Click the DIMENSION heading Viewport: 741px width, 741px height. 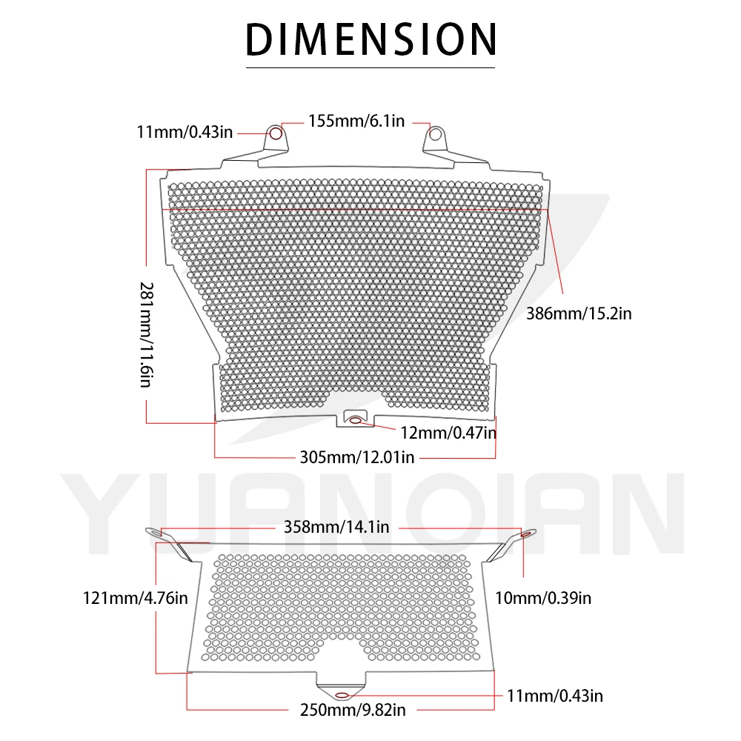pyautogui.click(x=370, y=39)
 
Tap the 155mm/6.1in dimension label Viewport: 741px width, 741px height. pyautogui.click(x=356, y=121)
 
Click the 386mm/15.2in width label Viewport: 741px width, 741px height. pyautogui.click(x=579, y=313)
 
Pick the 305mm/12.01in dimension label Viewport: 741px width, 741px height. pyautogui.click(x=357, y=457)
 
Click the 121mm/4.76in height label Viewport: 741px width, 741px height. pyautogui.click(x=135, y=597)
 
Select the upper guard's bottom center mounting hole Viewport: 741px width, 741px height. pyautogui.click(x=356, y=421)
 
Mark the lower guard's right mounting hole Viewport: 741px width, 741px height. pyautogui.click(x=525, y=533)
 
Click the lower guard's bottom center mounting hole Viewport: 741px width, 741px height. pyautogui.click(x=342, y=695)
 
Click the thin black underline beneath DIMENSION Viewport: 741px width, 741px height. pyautogui.click(x=370, y=68)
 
